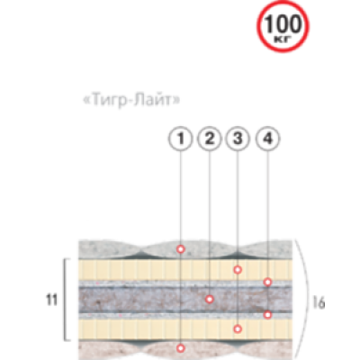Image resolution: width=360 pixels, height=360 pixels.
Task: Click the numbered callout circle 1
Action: click(180, 139)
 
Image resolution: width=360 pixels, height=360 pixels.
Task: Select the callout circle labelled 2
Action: click(210, 139)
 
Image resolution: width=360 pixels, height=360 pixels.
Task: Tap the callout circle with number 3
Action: click(238, 139)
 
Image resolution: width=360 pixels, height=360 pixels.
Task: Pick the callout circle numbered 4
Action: click(268, 139)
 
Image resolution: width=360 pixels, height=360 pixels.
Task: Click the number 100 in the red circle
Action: click(283, 24)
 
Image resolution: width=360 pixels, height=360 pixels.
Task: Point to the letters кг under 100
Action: click(283, 39)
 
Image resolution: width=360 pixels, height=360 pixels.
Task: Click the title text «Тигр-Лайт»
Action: click(131, 100)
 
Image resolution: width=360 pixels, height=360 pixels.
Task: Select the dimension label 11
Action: click(51, 300)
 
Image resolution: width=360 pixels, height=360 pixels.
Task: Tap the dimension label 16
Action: click(318, 303)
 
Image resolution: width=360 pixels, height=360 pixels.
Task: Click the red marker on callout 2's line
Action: click(210, 299)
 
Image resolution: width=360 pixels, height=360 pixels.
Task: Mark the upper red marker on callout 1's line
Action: click(180, 249)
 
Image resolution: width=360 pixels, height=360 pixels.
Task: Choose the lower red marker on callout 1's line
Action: click(180, 348)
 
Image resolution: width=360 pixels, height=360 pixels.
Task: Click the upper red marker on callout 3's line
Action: click(238, 270)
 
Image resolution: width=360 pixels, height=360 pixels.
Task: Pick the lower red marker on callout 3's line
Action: click(238, 329)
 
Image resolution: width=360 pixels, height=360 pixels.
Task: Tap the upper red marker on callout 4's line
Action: click(267, 282)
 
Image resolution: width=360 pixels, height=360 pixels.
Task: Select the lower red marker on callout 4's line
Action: click(267, 315)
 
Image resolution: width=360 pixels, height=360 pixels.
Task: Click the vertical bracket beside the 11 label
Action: click(65, 300)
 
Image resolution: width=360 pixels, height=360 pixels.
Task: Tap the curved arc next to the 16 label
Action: click(307, 300)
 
